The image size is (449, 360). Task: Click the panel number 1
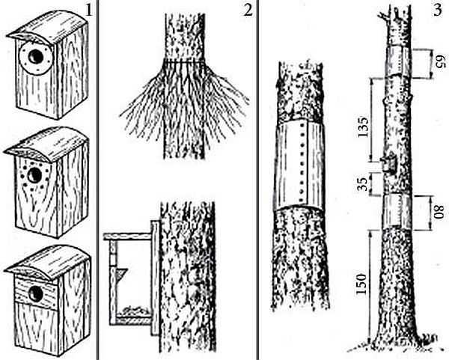point(89,10)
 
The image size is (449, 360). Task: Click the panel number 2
point(248,10)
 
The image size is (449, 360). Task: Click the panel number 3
point(438,10)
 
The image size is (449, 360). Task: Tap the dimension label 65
point(440,62)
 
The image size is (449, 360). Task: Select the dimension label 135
point(363,127)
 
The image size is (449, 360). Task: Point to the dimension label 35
point(363,184)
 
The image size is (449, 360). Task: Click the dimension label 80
point(438,212)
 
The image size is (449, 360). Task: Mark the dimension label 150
point(361,284)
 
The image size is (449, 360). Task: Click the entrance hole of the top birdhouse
point(36,56)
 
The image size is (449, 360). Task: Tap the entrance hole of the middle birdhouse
point(34,174)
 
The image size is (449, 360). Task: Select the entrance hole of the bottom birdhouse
point(37,294)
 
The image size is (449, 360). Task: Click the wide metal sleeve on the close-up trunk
point(299,166)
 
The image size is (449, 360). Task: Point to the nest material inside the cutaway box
point(134,311)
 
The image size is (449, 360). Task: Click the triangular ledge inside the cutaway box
point(121,273)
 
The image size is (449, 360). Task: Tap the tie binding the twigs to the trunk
point(184,61)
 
